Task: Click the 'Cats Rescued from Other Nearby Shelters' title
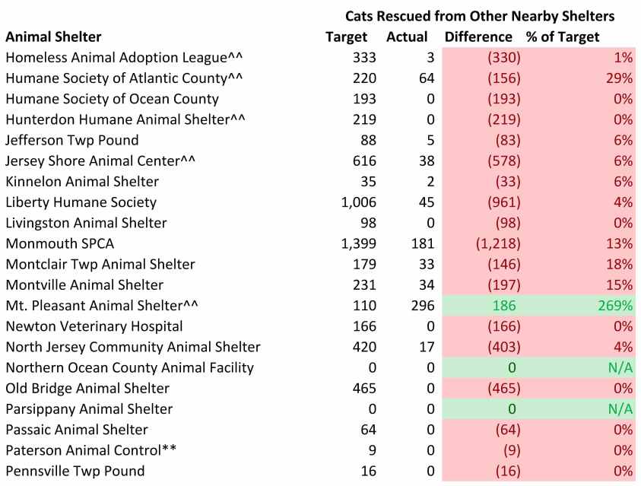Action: [x=480, y=15]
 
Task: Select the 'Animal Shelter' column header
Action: [x=53, y=37]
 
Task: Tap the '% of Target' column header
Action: [x=563, y=37]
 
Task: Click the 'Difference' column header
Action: [x=478, y=37]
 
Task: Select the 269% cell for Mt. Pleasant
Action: [x=617, y=306]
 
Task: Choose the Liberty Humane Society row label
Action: [x=81, y=202]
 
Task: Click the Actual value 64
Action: [x=425, y=78]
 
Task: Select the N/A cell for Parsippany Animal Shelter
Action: [x=620, y=409]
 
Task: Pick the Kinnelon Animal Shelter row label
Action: [x=82, y=182]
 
